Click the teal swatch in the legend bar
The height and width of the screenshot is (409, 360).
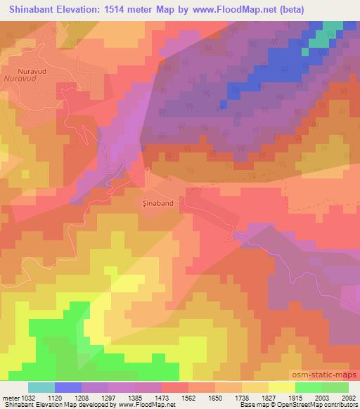click(41, 387)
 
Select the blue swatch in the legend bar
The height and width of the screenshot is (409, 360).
click(68, 387)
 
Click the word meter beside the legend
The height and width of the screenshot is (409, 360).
click(9, 397)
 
